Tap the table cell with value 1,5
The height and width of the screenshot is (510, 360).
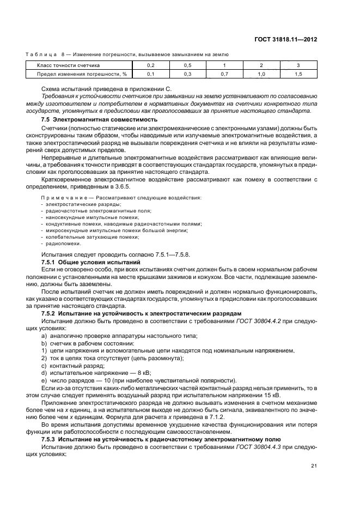click(298, 74)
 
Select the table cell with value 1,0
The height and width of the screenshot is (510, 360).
click(261, 74)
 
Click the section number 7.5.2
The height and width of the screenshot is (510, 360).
click(50, 314)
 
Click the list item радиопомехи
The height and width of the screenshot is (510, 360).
click(60, 244)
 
